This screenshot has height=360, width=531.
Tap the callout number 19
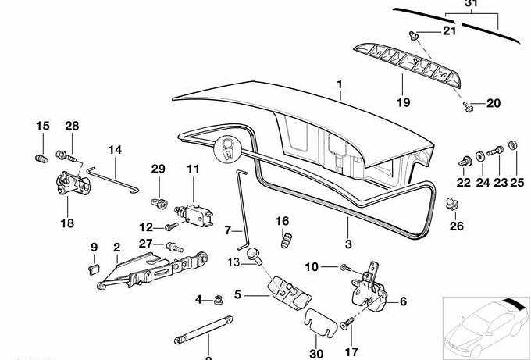(x=401, y=102)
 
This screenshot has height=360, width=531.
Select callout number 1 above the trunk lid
(x=340, y=84)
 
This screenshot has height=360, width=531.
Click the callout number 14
(x=115, y=149)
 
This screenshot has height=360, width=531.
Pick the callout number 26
(x=457, y=227)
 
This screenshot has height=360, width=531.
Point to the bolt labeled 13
(x=255, y=254)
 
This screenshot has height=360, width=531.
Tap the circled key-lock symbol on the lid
(x=229, y=148)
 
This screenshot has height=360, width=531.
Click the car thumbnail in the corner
(x=484, y=326)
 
